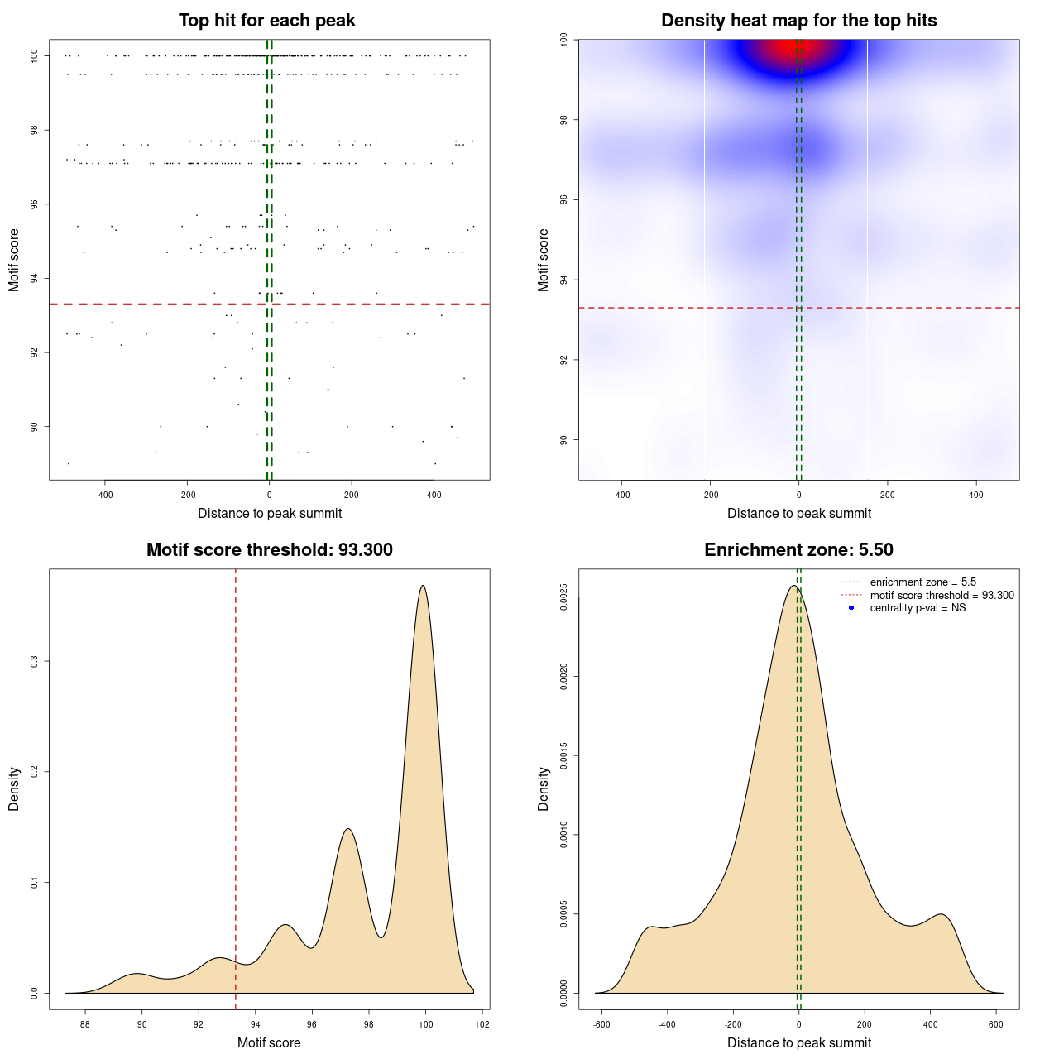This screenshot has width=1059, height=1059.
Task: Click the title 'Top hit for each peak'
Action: coord(266,21)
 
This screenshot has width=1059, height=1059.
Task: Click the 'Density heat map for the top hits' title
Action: coord(798,21)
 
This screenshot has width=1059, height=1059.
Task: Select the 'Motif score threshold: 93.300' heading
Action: coord(269,550)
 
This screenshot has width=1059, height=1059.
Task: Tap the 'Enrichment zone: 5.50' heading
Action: coord(798,550)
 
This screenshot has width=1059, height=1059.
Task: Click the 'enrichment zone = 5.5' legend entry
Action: coord(922,582)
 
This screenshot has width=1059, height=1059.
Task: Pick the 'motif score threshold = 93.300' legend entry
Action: coord(942,596)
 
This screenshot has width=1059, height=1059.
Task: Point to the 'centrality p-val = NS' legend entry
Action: coord(918,608)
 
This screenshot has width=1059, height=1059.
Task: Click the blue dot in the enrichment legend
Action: coord(851,608)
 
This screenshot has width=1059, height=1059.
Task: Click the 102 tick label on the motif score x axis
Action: coord(482,1024)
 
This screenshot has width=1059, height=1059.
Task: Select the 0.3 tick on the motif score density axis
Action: coord(35,661)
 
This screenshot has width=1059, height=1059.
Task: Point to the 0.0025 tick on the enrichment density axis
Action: coord(564,597)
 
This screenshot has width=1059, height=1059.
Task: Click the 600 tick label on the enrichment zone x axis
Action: coord(995,1024)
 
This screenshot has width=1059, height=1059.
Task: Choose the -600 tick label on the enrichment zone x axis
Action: coord(601,1024)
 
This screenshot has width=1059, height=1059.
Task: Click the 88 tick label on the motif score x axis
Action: coord(85,1024)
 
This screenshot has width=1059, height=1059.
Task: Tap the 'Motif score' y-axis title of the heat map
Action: coord(544,260)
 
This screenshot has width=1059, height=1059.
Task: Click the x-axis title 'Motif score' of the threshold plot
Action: coord(269,1043)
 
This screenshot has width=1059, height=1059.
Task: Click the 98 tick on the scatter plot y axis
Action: coord(35,130)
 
